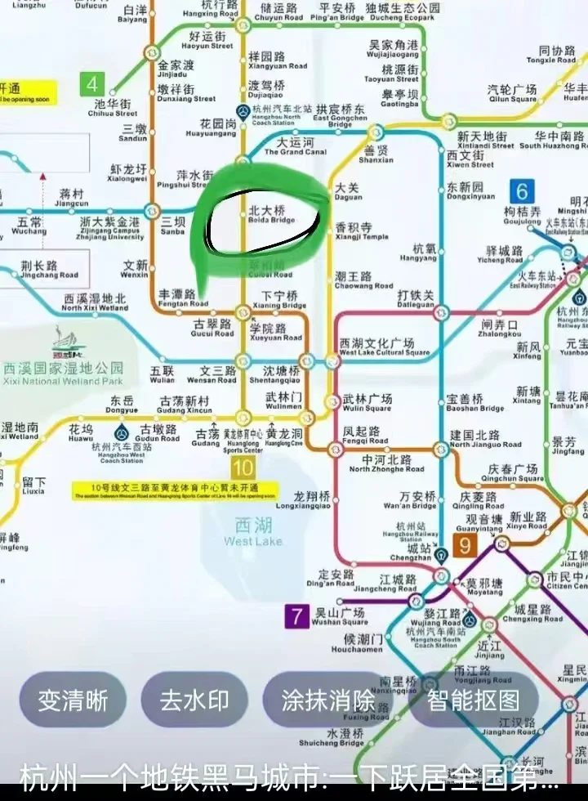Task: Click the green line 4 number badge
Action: [x=91, y=83]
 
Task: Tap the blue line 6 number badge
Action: [x=522, y=191]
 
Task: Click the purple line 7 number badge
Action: [x=296, y=616]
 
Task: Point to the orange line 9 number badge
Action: [x=465, y=544]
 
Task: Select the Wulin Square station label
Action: [x=367, y=403]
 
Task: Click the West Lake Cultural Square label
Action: [x=383, y=347]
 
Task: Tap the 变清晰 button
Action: [x=73, y=700]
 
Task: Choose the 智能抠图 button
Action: [x=473, y=700]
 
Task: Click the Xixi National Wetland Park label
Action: [x=63, y=374]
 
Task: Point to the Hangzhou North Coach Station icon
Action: [x=243, y=111]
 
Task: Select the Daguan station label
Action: [x=348, y=192]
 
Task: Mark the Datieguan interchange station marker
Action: [x=441, y=311]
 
